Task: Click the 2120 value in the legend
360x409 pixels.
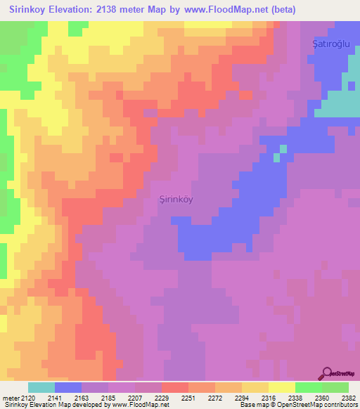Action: [27, 398]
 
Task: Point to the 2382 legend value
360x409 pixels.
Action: [348, 398]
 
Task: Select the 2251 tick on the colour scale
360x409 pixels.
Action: [188, 398]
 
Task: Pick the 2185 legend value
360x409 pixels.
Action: [108, 398]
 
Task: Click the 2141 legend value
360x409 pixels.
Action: [54, 398]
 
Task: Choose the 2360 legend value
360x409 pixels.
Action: [321, 398]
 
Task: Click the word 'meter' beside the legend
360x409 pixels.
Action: [9, 398]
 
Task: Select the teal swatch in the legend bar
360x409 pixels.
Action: [41, 387]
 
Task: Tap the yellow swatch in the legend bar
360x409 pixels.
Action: [281, 387]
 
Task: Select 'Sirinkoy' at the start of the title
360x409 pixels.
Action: [29, 10]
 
